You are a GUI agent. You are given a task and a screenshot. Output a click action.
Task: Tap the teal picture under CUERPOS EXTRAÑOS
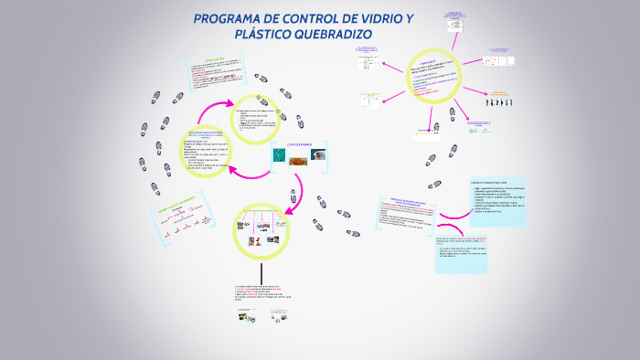click(279, 157)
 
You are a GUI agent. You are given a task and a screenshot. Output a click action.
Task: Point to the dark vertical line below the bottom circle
click(261, 274)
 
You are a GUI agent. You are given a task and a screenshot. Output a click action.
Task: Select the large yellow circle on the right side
click(432, 76)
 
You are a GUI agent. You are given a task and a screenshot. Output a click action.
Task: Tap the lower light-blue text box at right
click(479, 249)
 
